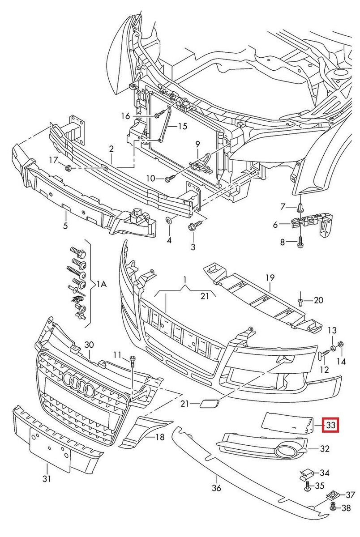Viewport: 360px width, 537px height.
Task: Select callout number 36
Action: pyautogui.click(x=216, y=487)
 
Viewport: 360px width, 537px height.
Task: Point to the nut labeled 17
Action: pyautogui.click(x=68, y=168)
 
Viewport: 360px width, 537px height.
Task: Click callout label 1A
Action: pyautogui.click(x=101, y=284)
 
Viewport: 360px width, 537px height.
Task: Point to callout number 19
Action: pyautogui.click(x=270, y=278)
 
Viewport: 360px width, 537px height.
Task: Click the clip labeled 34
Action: pyautogui.click(x=307, y=472)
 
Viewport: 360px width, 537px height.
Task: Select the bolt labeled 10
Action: pyautogui.click(x=169, y=179)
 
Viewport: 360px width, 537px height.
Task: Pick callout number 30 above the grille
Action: pyautogui.click(x=89, y=345)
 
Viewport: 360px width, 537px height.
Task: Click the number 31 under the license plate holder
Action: pyautogui.click(x=47, y=479)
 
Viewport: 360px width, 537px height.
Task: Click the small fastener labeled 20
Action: pyautogui.click(x=302, y=299)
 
